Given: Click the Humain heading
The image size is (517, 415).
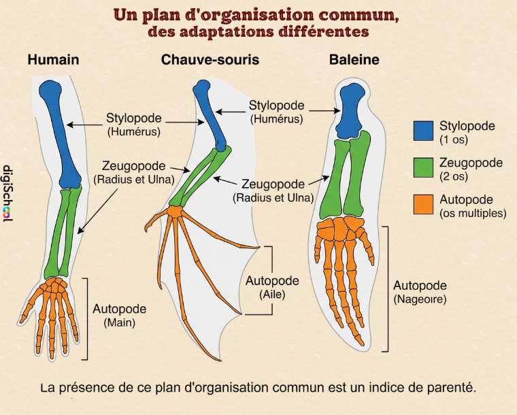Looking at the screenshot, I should pos(53,60).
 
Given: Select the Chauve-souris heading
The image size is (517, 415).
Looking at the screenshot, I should pos(210,60).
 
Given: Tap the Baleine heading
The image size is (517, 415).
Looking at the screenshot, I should pos(354,60).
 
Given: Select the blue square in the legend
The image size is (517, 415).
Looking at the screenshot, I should pos(423,131).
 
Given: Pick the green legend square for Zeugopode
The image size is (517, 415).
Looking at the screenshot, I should pos(423,167).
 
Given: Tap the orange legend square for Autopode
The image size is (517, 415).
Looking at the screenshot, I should pos(423,204).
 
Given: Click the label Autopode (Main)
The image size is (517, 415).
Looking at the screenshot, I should pos(120,316).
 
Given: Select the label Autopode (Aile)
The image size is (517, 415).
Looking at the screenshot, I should pos(271,288).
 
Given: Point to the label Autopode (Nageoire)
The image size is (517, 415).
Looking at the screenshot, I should pos(420,292).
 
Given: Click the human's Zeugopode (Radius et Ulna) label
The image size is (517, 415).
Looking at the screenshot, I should pos(134,173).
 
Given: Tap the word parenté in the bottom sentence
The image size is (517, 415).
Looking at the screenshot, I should pos(447,388).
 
